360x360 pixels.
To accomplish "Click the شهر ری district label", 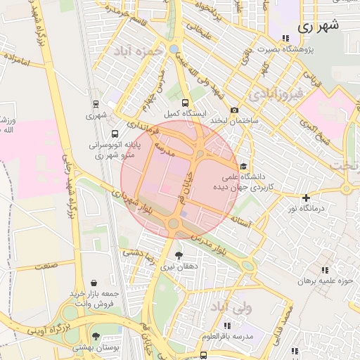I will click(x=318, y=26).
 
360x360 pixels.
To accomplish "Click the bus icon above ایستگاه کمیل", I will click(x=186, y=102).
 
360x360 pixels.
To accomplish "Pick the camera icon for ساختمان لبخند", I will click(x=234, y=110).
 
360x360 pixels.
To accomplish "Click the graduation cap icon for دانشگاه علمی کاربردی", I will click(x=243, y=167).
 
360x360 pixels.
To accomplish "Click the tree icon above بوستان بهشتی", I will click(x=96, y=337).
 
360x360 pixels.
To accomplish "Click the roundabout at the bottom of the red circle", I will click(x=173, y=224).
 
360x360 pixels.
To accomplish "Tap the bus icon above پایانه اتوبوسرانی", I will click(x=115, y=133).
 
